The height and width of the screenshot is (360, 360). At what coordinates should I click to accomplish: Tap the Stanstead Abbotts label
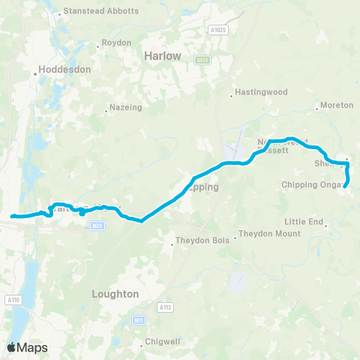coord(101,11)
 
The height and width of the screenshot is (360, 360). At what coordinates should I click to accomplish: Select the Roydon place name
coord(116,43)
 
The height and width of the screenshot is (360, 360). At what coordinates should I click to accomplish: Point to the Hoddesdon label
coord(65,70)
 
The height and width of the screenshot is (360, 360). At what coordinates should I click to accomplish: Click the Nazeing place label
coord(125,108)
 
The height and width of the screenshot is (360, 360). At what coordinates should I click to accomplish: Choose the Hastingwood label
coord(262,94)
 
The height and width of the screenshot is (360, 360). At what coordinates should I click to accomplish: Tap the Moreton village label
coord(335,105)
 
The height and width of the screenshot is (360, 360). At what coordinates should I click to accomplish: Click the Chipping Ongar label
coord(312,184)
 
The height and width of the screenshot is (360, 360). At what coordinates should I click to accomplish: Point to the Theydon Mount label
coord(269,233)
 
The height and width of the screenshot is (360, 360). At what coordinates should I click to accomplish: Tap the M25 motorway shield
coord(96,225)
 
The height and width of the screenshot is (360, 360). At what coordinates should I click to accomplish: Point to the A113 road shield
coord(165,307)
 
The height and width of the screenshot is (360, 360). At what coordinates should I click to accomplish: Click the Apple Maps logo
coord(27,347)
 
